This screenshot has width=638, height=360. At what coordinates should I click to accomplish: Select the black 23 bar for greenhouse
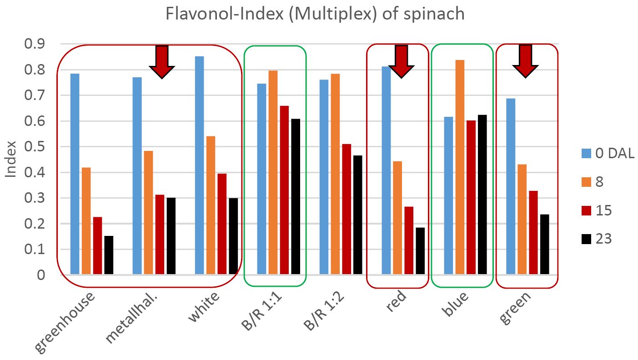[x=109, y=255]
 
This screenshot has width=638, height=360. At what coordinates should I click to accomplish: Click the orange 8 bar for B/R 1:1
[x=273, y=172]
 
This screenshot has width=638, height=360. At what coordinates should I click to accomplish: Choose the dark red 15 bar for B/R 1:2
[x=347, y=209]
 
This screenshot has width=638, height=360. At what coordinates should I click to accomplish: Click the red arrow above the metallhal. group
[x=162, y=61]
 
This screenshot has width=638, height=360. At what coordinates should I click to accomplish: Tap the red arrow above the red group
[x=401, y=61]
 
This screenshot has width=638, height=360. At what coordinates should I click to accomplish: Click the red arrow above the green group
[x=525, y=61]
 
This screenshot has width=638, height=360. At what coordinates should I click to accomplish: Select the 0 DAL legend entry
[x=608, y=154]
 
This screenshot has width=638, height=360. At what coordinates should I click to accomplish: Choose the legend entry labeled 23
[x=597, y=239]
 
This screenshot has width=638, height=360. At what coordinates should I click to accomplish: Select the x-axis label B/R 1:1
[x=259, y=316]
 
